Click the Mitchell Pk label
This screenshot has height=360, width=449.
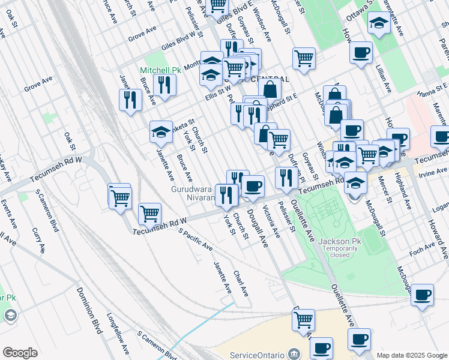click(160, 70)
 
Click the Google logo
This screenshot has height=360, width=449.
click(20, 352)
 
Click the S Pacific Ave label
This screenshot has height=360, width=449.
click(196, 239)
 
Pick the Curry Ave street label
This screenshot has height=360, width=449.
click(39, 239)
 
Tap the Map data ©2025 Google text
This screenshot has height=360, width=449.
click(412, 355)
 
